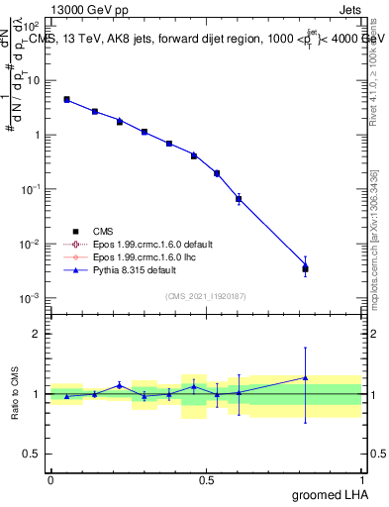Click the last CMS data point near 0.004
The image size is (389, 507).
pyautogui.click(x=305, y=268)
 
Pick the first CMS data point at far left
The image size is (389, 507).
pyautogui.click(x=66, y=99)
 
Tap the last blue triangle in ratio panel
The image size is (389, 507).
pyautogui.click(x=305, y=377)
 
